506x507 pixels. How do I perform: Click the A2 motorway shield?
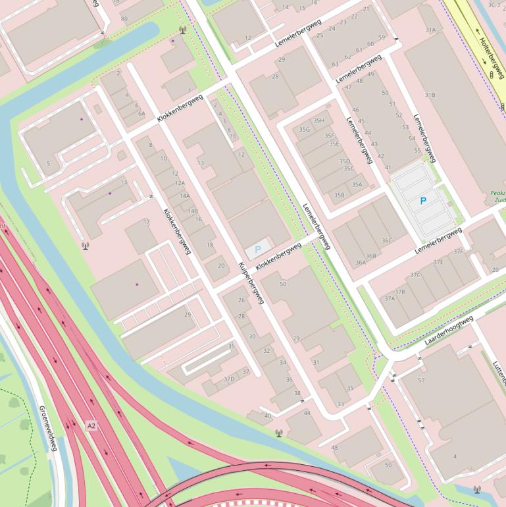(x=91, y=426)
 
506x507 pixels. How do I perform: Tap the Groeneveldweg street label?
(x=48, y=427)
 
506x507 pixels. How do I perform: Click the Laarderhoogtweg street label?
(x=449, y=331)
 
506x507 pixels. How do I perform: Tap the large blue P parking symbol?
(x=423, y=201)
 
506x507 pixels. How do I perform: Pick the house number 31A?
(x=430, y=30)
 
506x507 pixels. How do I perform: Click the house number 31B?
(x=430, y=95)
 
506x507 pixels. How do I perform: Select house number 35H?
(x=319, y=120)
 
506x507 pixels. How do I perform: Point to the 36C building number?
(x=386, y=241)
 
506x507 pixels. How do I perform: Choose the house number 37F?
(x=458, y=252)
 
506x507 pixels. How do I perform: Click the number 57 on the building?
(x=421, y=380)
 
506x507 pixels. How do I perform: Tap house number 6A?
(x=141, y=113)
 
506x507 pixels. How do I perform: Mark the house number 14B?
(x=193, y=211)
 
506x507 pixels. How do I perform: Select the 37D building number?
(x=229, y=379)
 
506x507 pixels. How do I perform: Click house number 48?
(x=334, y=448)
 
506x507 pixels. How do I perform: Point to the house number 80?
(x=124, y=18)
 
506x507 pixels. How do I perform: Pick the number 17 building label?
(x=146, y=222)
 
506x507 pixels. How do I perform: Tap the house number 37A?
(x=390, y=298)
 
